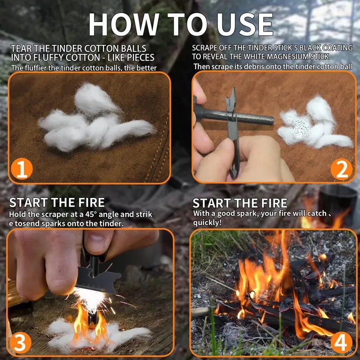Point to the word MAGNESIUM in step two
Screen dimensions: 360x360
click(279, 57)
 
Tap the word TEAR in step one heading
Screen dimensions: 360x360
click(21, 48)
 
